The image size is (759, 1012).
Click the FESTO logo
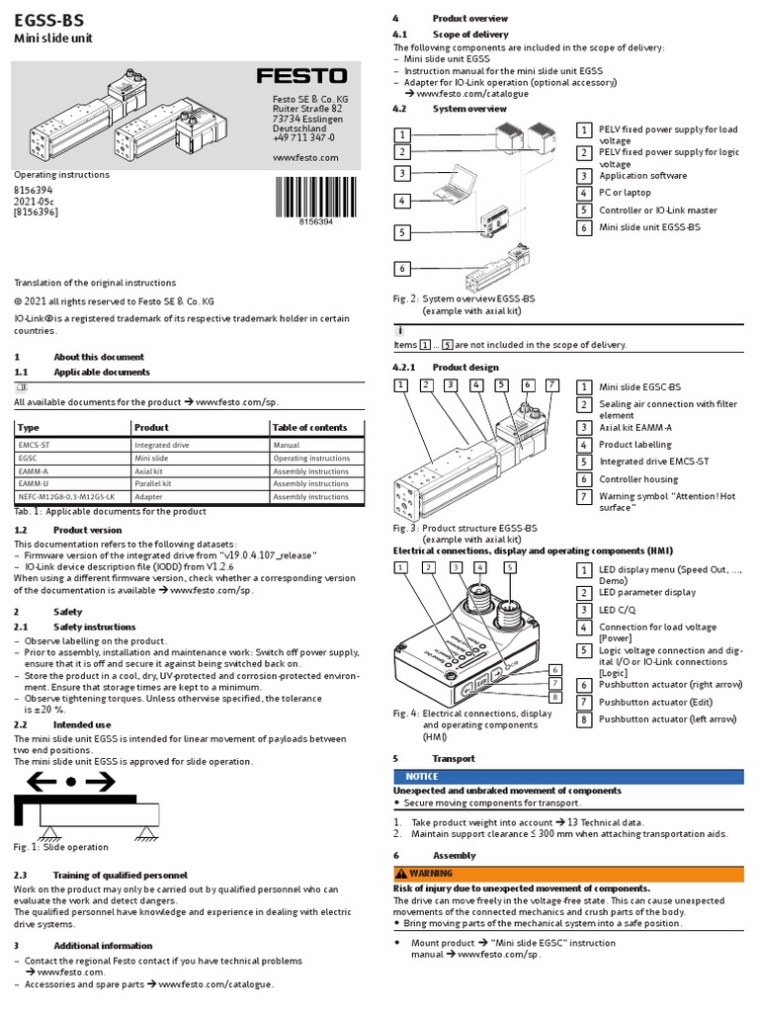301,76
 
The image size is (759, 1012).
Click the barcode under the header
316,197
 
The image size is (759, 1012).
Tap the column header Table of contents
309,428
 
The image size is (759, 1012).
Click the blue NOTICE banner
568,777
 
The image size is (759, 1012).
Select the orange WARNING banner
568,874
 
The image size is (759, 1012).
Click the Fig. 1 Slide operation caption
61,847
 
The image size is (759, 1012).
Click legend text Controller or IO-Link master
658,210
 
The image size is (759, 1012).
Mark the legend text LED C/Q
620,610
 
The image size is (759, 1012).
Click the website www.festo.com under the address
304,157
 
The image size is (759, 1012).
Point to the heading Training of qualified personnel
120,876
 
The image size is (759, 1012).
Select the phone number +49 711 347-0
303,138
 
